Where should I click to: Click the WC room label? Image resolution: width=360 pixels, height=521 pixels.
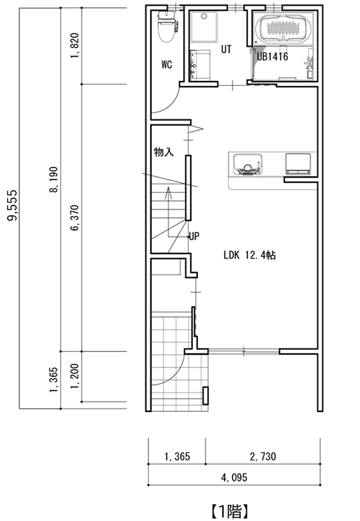(x=166, y=64)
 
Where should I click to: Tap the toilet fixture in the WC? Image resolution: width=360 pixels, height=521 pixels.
(x=167, y=27)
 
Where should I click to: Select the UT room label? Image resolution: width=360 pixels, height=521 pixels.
(x=226, y=50)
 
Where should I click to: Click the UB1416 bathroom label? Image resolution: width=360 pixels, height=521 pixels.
(x=272, y=57)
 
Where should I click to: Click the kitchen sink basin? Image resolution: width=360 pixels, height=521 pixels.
(x=247, y=164)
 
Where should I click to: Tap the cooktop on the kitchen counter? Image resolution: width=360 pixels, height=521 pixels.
(x=298, y=163)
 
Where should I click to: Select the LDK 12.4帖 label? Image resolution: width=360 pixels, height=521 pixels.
(x=250, y=255)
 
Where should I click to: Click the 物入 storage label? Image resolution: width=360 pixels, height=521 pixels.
(x=164, y=152)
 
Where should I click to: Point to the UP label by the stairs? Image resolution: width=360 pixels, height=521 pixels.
(x=194, y=236)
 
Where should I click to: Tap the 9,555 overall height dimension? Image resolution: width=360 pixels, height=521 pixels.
(x=13, y=205)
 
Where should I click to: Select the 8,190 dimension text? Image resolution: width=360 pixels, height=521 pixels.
(x=54, y=179)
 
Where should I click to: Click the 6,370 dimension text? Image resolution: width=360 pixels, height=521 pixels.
(x=75, y=218)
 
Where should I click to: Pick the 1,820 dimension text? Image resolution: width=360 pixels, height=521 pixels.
(x=75, y=45)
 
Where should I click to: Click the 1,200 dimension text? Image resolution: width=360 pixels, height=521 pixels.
(x=75, y=376)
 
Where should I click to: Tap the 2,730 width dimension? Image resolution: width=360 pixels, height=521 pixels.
(x=263, y=457)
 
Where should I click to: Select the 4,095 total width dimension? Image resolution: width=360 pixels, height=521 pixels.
(x=234, y=478)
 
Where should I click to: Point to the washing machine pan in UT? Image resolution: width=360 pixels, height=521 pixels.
(x=204, y=27)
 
